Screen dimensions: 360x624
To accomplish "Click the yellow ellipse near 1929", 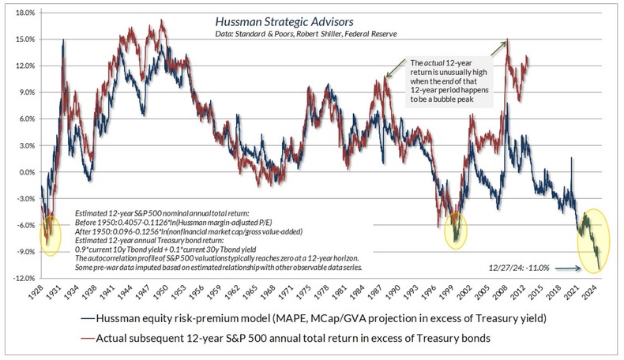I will [x=49, y=234].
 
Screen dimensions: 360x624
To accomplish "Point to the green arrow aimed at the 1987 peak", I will [x=395, y=70].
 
